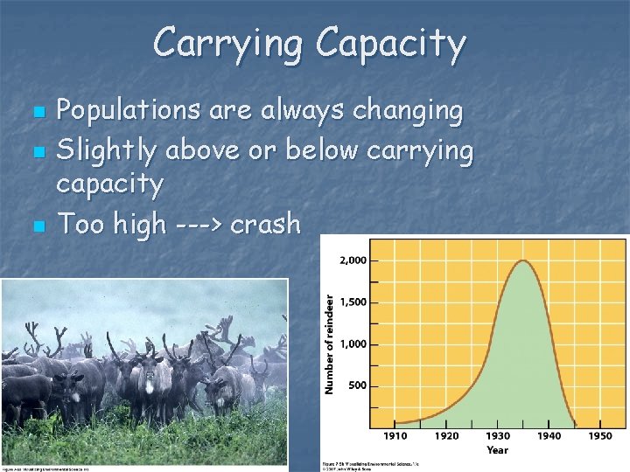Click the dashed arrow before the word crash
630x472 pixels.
(197, 225)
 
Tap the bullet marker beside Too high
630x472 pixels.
(37, 226)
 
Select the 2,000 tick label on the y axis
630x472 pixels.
(353, 260)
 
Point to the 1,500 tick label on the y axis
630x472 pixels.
(353, 302)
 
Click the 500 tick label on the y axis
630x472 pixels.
(357, 385)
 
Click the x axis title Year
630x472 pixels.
(498, 451)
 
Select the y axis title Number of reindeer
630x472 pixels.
(330, 343)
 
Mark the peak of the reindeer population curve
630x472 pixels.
(523, 260)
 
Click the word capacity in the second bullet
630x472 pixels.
(109, 185)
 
